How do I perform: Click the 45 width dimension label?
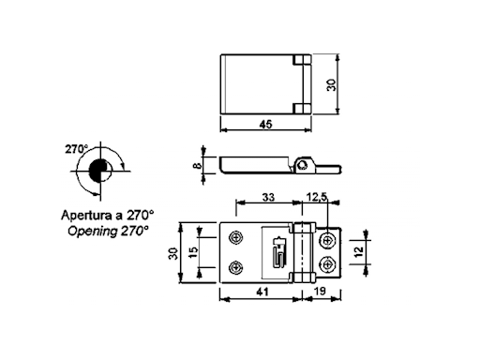tap(265, 125)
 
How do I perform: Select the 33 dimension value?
tap(268, 197)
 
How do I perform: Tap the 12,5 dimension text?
tap(317, 197)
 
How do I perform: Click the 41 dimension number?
tap(262, 292)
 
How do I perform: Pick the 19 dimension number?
tap(320, 292)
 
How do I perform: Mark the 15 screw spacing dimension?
tap(194, 252)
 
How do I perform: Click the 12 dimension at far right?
tap(359, 252)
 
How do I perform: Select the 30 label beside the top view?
tap(331, 85)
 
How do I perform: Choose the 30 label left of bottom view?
tap(173, 253)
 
